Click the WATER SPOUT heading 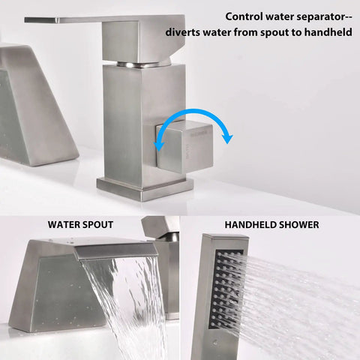pyautogui.click(x=80, y=224)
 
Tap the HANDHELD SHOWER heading pyautogui.click(x=271, y=224)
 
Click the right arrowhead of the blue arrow pyautogui.click(x=227, y=139)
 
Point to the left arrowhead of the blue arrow pyautogui.click(x=159, y=146)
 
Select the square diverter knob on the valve pyautogui.click(x=184, y=147)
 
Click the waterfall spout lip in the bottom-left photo pyautogui.click(x=117, y=252)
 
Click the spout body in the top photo pyautogui.click(x=35, y=105)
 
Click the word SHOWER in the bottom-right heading pyautogui.click(x=298, y=224)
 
